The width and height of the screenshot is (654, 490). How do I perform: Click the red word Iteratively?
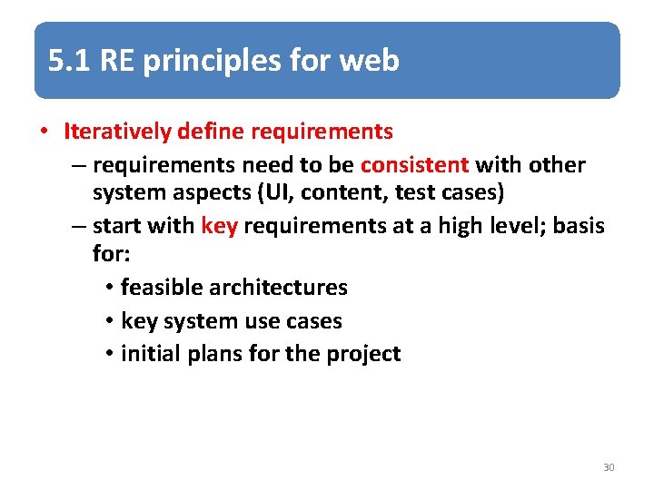coord(117,132)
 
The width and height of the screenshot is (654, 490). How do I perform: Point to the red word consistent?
coord(414,165)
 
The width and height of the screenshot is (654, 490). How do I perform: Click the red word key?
coord(219,226)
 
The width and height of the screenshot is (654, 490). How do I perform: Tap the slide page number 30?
coord(609,467)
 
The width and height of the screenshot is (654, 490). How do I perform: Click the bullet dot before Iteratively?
coord(44,132)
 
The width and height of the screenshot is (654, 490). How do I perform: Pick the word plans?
coord(213,354)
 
